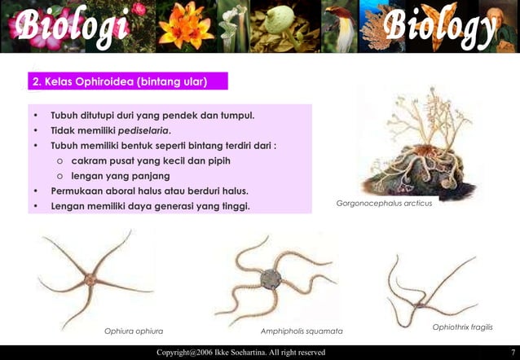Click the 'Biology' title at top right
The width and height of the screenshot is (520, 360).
click(440, 27)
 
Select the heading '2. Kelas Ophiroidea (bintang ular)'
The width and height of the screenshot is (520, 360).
click(118, 82)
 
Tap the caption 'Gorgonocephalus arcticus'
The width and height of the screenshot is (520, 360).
click(384, 203)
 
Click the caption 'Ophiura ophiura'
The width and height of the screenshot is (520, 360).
click(134, 331)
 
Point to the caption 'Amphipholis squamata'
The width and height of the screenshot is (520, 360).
click(302, 331)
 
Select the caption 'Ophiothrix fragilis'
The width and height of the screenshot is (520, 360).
click(462, 327)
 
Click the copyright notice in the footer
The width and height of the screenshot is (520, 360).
click(241, 352)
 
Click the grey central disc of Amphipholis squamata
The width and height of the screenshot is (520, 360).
click(271, 280)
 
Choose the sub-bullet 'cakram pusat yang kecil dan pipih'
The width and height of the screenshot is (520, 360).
click(150, 160)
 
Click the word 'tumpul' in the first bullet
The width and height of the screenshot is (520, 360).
click(236, 115)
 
